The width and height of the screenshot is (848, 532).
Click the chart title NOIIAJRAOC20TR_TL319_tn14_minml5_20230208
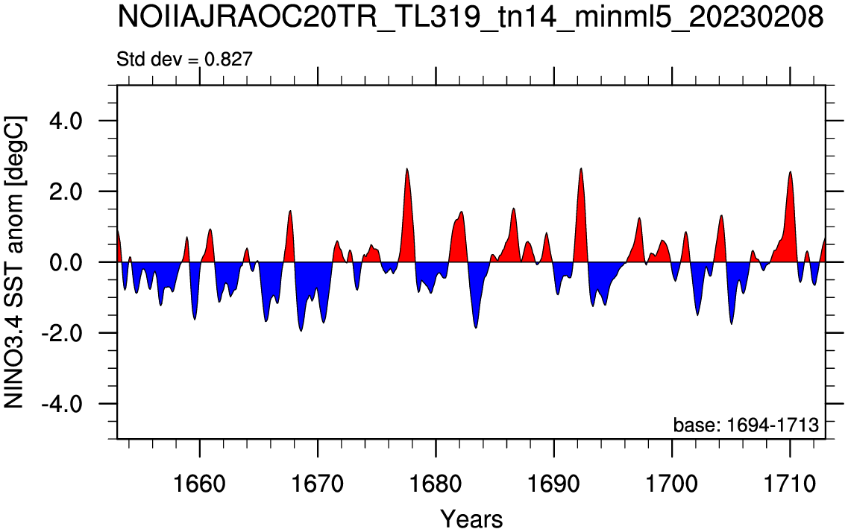pyautogui.click(x=470, y=18)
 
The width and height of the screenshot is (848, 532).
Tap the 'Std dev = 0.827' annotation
pyautogui.click(x=184, y=58)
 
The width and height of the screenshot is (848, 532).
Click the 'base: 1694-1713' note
pyautogui.click(x=746, y=425)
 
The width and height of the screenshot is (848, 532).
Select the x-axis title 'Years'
pyautogui.click(x=471, y=519)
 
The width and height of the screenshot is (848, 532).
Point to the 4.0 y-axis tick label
pyautogui.click(x=66, y=121)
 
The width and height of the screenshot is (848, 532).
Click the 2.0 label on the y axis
pyautogui.click(x=66, y=191)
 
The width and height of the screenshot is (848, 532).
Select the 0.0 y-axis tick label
pyautogui.click(x=66, y=262)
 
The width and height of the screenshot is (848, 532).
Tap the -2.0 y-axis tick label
pyautogui.click(x=60, y=333)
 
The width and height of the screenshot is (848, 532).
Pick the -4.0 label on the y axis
pyautogui.click(x=60, y=403)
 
